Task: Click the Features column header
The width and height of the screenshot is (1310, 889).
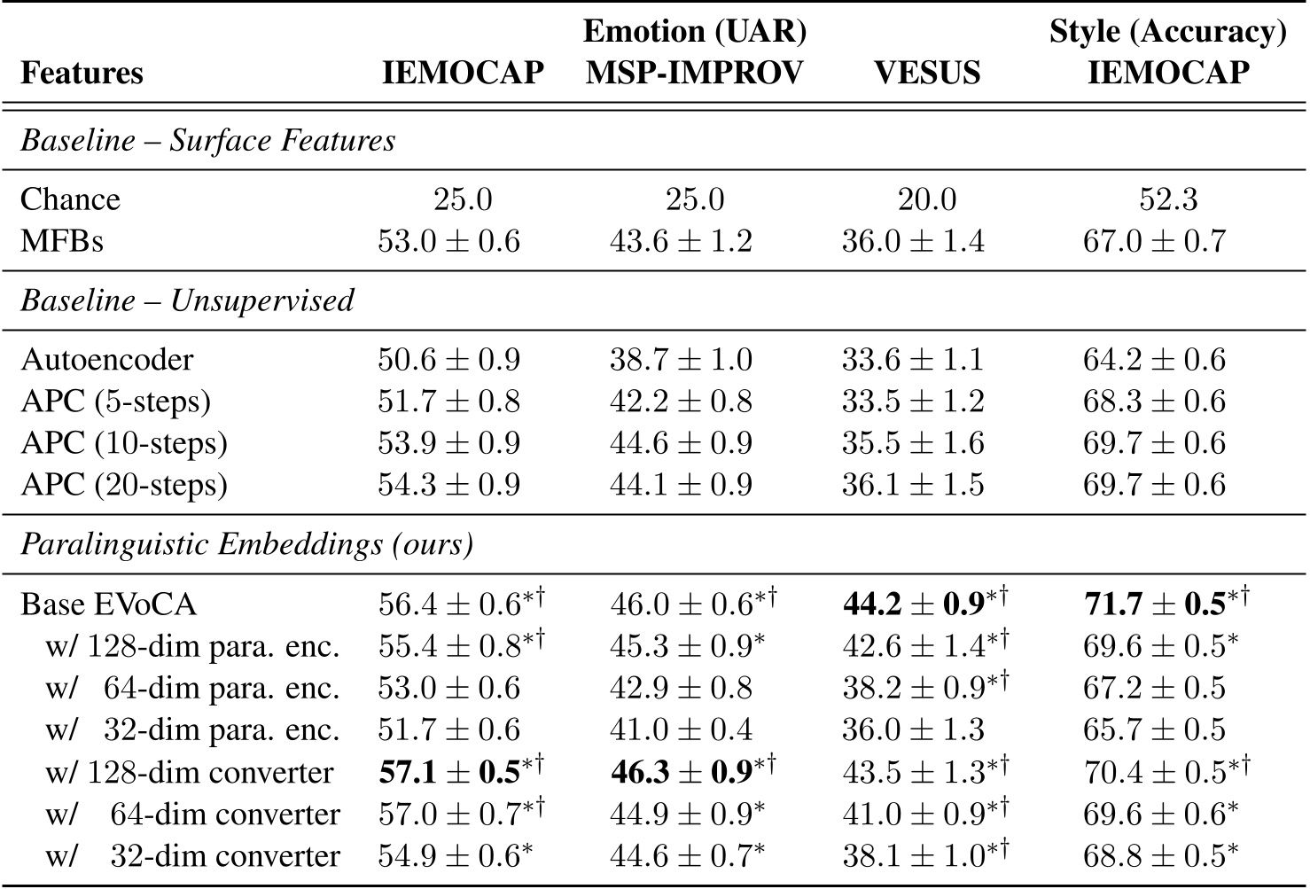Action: (x=82, y=73)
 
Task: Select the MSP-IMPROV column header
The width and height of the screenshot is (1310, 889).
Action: (x=694, y=73)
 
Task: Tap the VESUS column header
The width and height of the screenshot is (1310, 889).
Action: (x=926, y=73)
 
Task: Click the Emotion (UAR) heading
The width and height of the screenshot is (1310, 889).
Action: (x=694, y=32)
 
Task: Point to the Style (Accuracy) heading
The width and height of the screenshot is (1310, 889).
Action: (x=1167, y=32)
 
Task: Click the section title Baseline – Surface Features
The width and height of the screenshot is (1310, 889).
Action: (x=207, y=141)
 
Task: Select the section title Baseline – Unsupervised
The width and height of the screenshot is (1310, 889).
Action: (x=187, y=301)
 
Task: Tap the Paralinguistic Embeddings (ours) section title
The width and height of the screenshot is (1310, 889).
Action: (x=246, y=544)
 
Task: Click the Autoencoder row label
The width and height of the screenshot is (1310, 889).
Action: (x=107, y=360)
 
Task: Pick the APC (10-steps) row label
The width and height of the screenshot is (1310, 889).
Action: (x=124, y=443)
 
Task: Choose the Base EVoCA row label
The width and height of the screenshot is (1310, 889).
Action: (x=108, y=604)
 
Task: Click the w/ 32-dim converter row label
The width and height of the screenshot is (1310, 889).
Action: (x=192, y=856)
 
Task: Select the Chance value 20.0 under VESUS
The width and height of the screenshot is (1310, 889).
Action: (x=926, y=199)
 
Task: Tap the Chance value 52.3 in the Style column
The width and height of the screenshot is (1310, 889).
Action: (x=1167, y=199)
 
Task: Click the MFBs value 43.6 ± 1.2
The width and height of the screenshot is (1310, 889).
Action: (x=681, y=241)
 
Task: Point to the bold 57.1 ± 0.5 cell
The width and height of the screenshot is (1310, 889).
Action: (x=449, y=772)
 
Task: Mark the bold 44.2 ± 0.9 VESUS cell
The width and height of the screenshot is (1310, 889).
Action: (x=913, y=604)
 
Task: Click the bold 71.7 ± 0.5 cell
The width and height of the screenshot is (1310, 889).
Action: (x=1155, y=604)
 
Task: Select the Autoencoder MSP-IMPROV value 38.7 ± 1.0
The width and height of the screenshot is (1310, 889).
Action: (x=681, y=360)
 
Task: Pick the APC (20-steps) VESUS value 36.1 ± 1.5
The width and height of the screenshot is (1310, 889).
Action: (x=913, y=485)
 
